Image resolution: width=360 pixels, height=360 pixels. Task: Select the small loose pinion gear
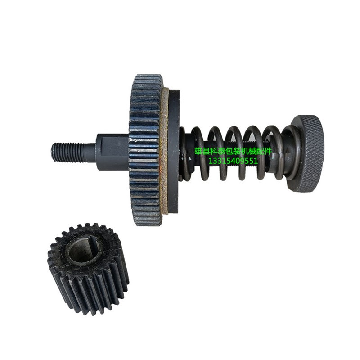88,270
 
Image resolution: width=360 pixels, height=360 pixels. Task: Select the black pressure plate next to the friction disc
174,150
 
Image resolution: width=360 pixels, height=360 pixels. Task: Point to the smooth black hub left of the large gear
112,152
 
